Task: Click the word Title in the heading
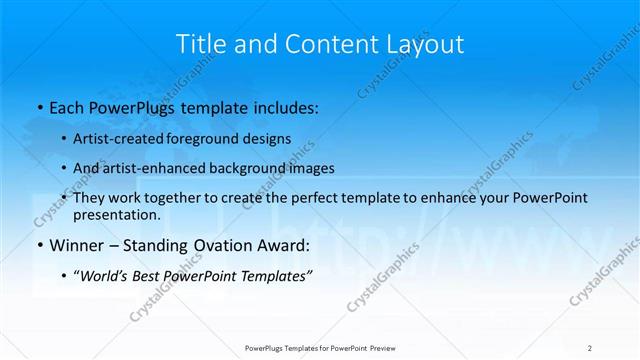[x=200, y=44]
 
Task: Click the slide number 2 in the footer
[x=590, y=348]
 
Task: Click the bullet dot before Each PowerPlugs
[x=39, y=105]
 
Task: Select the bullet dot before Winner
[x=39, y=245]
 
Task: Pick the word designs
[x=265, y=138]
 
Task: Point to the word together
[x=176, y=198]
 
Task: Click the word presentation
[x=116, y=214]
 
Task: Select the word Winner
[x=77, y=245]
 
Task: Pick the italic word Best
[x=143, y=275]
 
